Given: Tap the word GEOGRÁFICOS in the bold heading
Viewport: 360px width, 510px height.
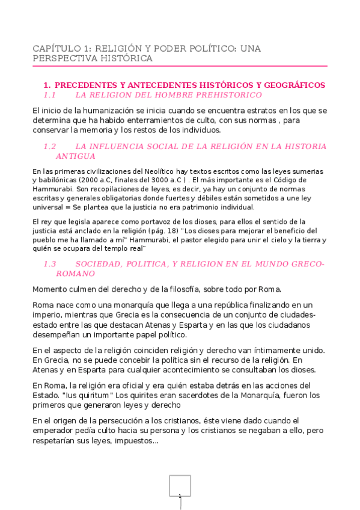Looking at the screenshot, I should coord(295,85).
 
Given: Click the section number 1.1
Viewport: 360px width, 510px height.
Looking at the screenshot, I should coord(50,95).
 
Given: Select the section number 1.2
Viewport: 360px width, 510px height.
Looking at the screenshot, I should coord(50,146).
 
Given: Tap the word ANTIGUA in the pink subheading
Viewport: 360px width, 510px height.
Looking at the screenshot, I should coord(76,156).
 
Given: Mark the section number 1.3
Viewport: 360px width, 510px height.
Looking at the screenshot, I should coord(50,264).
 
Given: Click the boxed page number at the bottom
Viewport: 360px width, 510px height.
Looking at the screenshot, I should coord(180,486).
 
